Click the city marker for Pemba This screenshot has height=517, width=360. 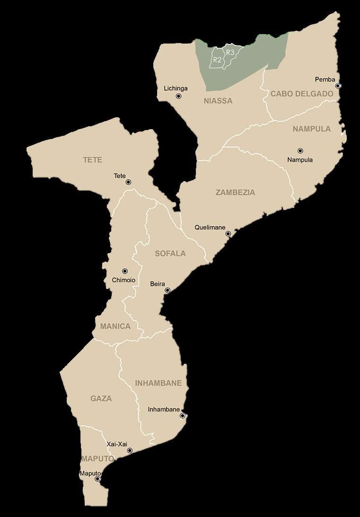tap(338, 86)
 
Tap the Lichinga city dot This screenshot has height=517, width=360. tap(178, 96)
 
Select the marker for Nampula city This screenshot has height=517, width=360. tap(300, 151)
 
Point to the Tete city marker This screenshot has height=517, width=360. tap(128, 182)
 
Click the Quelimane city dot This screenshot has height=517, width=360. tap(228, 234)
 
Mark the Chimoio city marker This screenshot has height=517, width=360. tap(125, 271)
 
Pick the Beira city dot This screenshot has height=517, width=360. tap(167, 290)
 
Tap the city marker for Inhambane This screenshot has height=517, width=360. tap(183, 416)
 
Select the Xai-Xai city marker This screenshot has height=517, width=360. tap(130, 450)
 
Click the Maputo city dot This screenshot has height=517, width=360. tap(97, 479)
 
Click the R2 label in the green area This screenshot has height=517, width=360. tap(217, 60)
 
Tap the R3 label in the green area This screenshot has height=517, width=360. tap(230, 52)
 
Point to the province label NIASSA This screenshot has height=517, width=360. tap(218, 101)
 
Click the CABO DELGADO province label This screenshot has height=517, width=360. tap(302, 94)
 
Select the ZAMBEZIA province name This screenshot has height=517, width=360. tap(235, 193)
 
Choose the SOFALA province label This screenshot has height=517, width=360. tap(170, 254)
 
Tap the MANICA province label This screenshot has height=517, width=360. tap(115, 326)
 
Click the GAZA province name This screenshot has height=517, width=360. tap(101, 399)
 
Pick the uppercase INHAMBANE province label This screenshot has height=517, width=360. tap(158, 383)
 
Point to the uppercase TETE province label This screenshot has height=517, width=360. tap(93, 160)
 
